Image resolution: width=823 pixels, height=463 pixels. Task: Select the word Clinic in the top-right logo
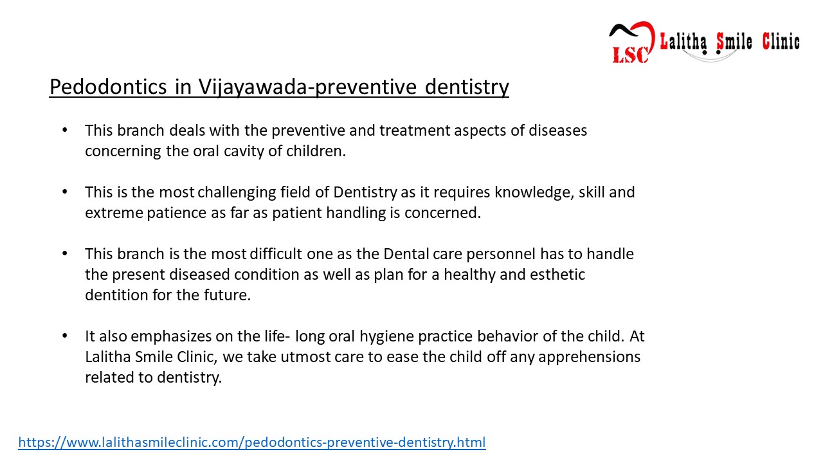pyautogui.click(x=781, y=42)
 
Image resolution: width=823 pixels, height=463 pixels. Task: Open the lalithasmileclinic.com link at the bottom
pyautogui.click(x=251, y=442)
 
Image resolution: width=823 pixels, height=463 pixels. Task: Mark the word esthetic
pyautogui.click(x=557, y=275)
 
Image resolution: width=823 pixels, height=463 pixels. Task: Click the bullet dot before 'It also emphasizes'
pyautogui.click(x=64, y=336)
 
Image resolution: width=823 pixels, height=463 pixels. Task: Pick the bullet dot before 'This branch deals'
pyautogui.click(x=64, y=131)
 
